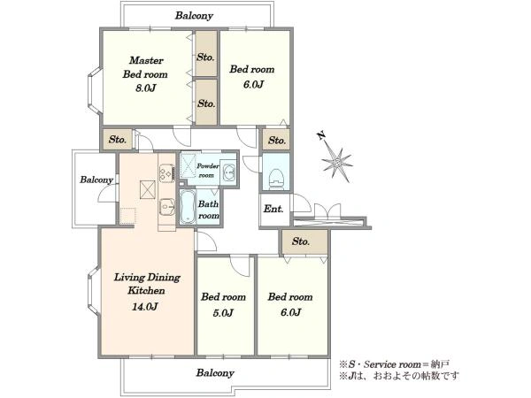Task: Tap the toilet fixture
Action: (276, 178)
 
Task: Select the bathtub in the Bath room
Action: (188, 207)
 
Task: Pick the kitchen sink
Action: (166, 206)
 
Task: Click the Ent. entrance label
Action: (273, 209)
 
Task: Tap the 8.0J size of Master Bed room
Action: (146, 88)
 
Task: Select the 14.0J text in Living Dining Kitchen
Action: (145, 307)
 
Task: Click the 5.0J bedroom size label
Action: (223, 313)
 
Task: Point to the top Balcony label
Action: (194, 16)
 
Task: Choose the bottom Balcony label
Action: (215, 373)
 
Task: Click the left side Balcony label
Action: (96, 180)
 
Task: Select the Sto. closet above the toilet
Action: (277, 140)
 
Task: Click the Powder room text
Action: (208, 170)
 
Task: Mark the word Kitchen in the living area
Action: (146, 290)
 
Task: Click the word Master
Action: (146, 60)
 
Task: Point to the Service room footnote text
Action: (394, 364)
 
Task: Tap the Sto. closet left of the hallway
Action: (118, 139)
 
